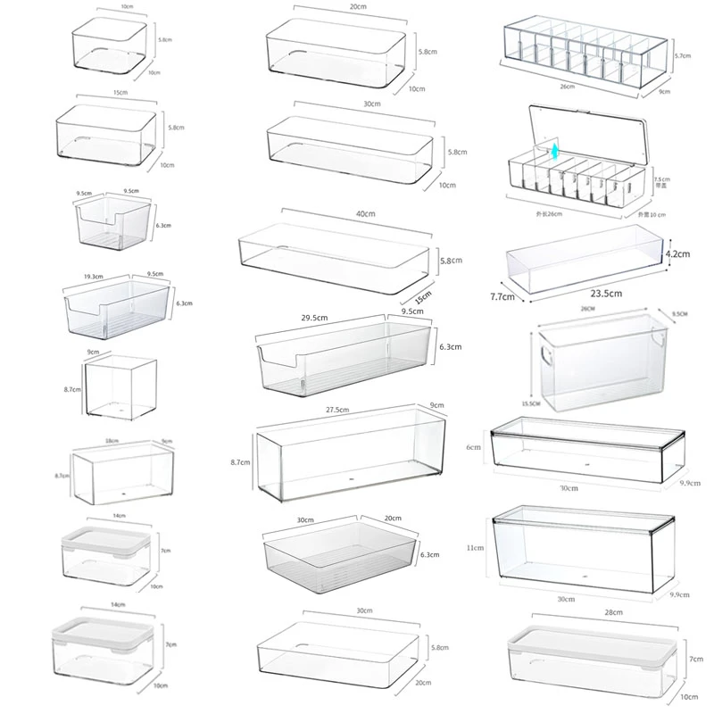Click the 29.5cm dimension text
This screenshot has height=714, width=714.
pyautogui.click(x=315, y=318)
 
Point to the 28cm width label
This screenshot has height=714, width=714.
pyautogui.click(x=588, y=615)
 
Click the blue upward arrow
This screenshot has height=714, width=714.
pyautogui.click(x=553, y=153)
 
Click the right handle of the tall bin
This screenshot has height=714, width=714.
pyautogui.click(x=661, y=340)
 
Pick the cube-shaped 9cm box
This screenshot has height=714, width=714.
pyautogui.click(x=121, y=386)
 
